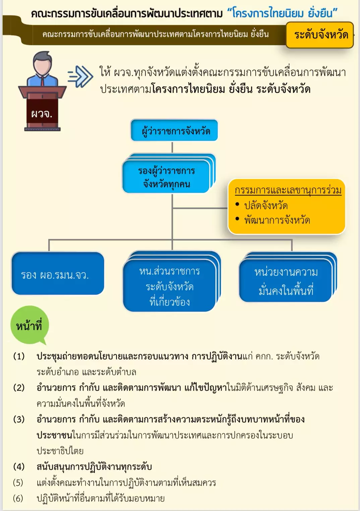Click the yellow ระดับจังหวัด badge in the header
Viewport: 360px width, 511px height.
tap(320, 35)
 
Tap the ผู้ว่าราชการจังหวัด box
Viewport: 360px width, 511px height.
tap(174, 130)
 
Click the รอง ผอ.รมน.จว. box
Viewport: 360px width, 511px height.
tap(58, 273)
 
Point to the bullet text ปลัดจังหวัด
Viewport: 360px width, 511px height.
tap(266, 206)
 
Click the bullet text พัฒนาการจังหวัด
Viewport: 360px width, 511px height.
tap(277, 220)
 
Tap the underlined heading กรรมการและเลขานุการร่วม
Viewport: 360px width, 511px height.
tap(288, 190)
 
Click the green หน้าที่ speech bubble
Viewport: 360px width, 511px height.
tap(29, 325)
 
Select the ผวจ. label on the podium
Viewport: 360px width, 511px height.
tap(42, 114)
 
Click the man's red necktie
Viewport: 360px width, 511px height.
tap(43, 81)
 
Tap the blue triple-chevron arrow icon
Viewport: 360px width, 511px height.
tap(80, 76)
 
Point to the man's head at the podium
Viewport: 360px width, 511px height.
tap(43, 62)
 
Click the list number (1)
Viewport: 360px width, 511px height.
tap(19, 356)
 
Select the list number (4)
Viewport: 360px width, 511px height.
tap(19, 467)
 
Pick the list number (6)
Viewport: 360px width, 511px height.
tap(18, 499)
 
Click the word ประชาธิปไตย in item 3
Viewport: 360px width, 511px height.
tap(60, 451)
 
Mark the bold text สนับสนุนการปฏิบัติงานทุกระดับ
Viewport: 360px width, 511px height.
tap(94, 467)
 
